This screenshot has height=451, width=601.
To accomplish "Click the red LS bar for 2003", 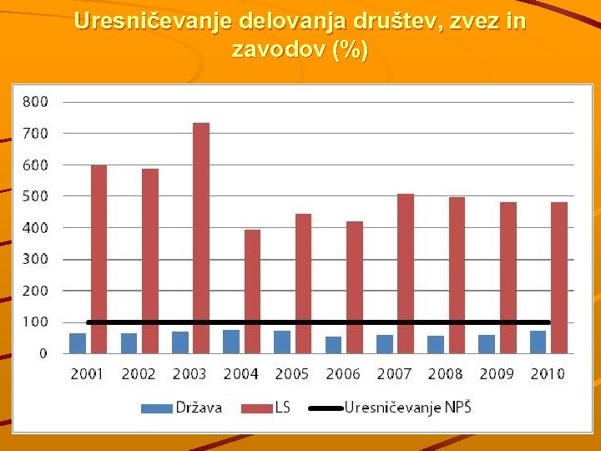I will click(201, 238).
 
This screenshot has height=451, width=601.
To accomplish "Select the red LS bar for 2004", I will click(252, 291).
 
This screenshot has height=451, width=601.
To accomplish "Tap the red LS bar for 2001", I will click(98, 259).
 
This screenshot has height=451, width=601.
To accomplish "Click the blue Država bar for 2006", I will click(333, 345).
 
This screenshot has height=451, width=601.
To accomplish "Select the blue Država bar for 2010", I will click(538, 342).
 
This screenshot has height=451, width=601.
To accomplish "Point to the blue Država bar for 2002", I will click(129, 343).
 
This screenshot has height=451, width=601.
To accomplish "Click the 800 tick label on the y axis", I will click(35, 101).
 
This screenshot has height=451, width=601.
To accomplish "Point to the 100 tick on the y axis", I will click(35, 322).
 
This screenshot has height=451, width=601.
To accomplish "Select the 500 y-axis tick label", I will click(35, 195).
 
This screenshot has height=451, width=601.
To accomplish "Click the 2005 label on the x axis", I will click(291, 373).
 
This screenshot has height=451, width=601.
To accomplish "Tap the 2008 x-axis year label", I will click(445, 373).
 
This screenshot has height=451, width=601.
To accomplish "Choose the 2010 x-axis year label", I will click(548, 373).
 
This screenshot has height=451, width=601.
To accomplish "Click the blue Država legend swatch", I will click(155, 408).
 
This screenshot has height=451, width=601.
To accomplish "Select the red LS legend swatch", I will click(256, 408).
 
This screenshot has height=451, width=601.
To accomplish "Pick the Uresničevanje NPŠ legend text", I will click(408, 408).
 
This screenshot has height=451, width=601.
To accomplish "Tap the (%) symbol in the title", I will click(350, 50).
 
